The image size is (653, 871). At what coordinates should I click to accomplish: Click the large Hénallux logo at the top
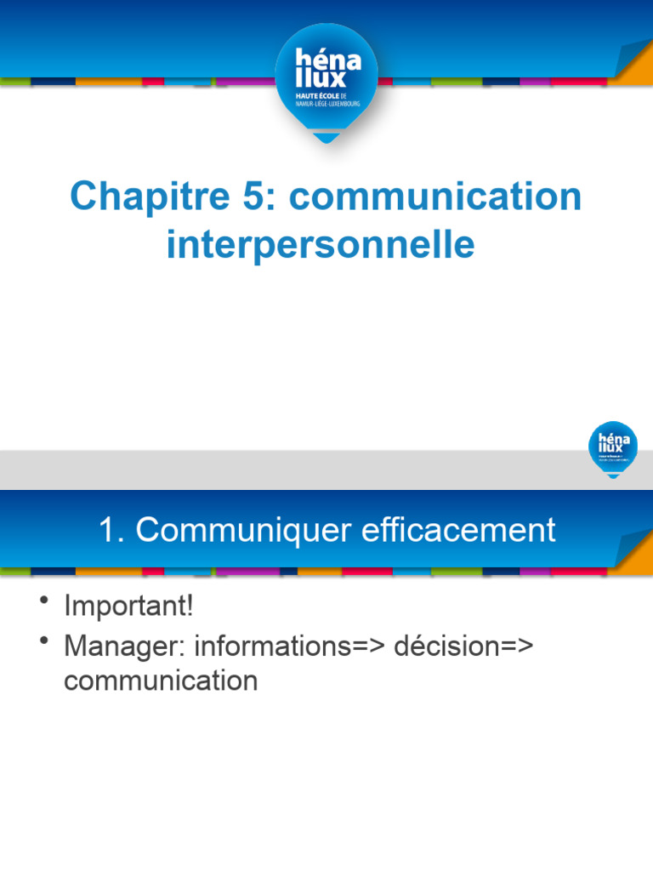point(326,81)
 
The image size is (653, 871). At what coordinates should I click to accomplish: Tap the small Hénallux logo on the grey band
point(612,447)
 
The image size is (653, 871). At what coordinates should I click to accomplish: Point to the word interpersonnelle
point(321,245)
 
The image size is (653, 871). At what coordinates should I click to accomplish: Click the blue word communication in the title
point(435,197)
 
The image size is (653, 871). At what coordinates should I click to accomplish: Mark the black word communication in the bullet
point(161,680)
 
